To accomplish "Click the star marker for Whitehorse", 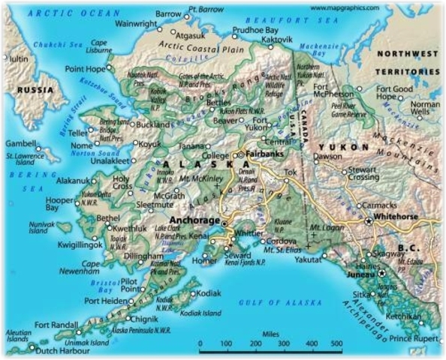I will click(368, 222).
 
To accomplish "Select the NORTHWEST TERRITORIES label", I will click(408, 62).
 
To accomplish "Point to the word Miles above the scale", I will click(271, 334).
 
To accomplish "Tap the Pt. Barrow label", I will click(207, 10).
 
